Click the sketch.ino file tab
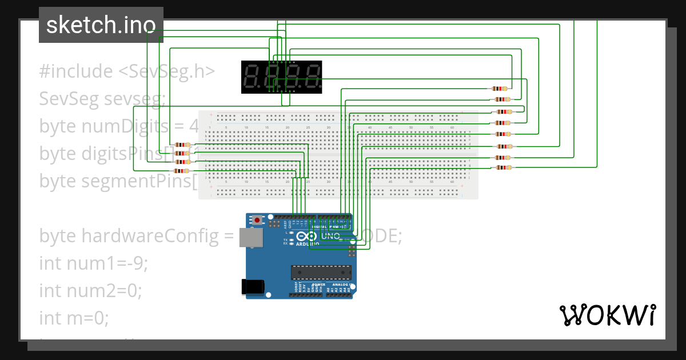coord(101,25)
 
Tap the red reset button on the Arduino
coord(258,219)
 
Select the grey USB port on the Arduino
coord(248,238)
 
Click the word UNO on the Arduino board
coord(330,236)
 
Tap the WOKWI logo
coord(607,315)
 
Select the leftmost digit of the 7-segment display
coord(252,77)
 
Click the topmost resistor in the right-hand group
coord(500,89)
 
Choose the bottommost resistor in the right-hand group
coord(504,167)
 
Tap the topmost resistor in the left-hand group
coord(183,145)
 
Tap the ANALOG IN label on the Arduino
coord(342,284)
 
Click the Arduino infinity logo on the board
coord(306,237)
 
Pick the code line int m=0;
coord(74,318)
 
